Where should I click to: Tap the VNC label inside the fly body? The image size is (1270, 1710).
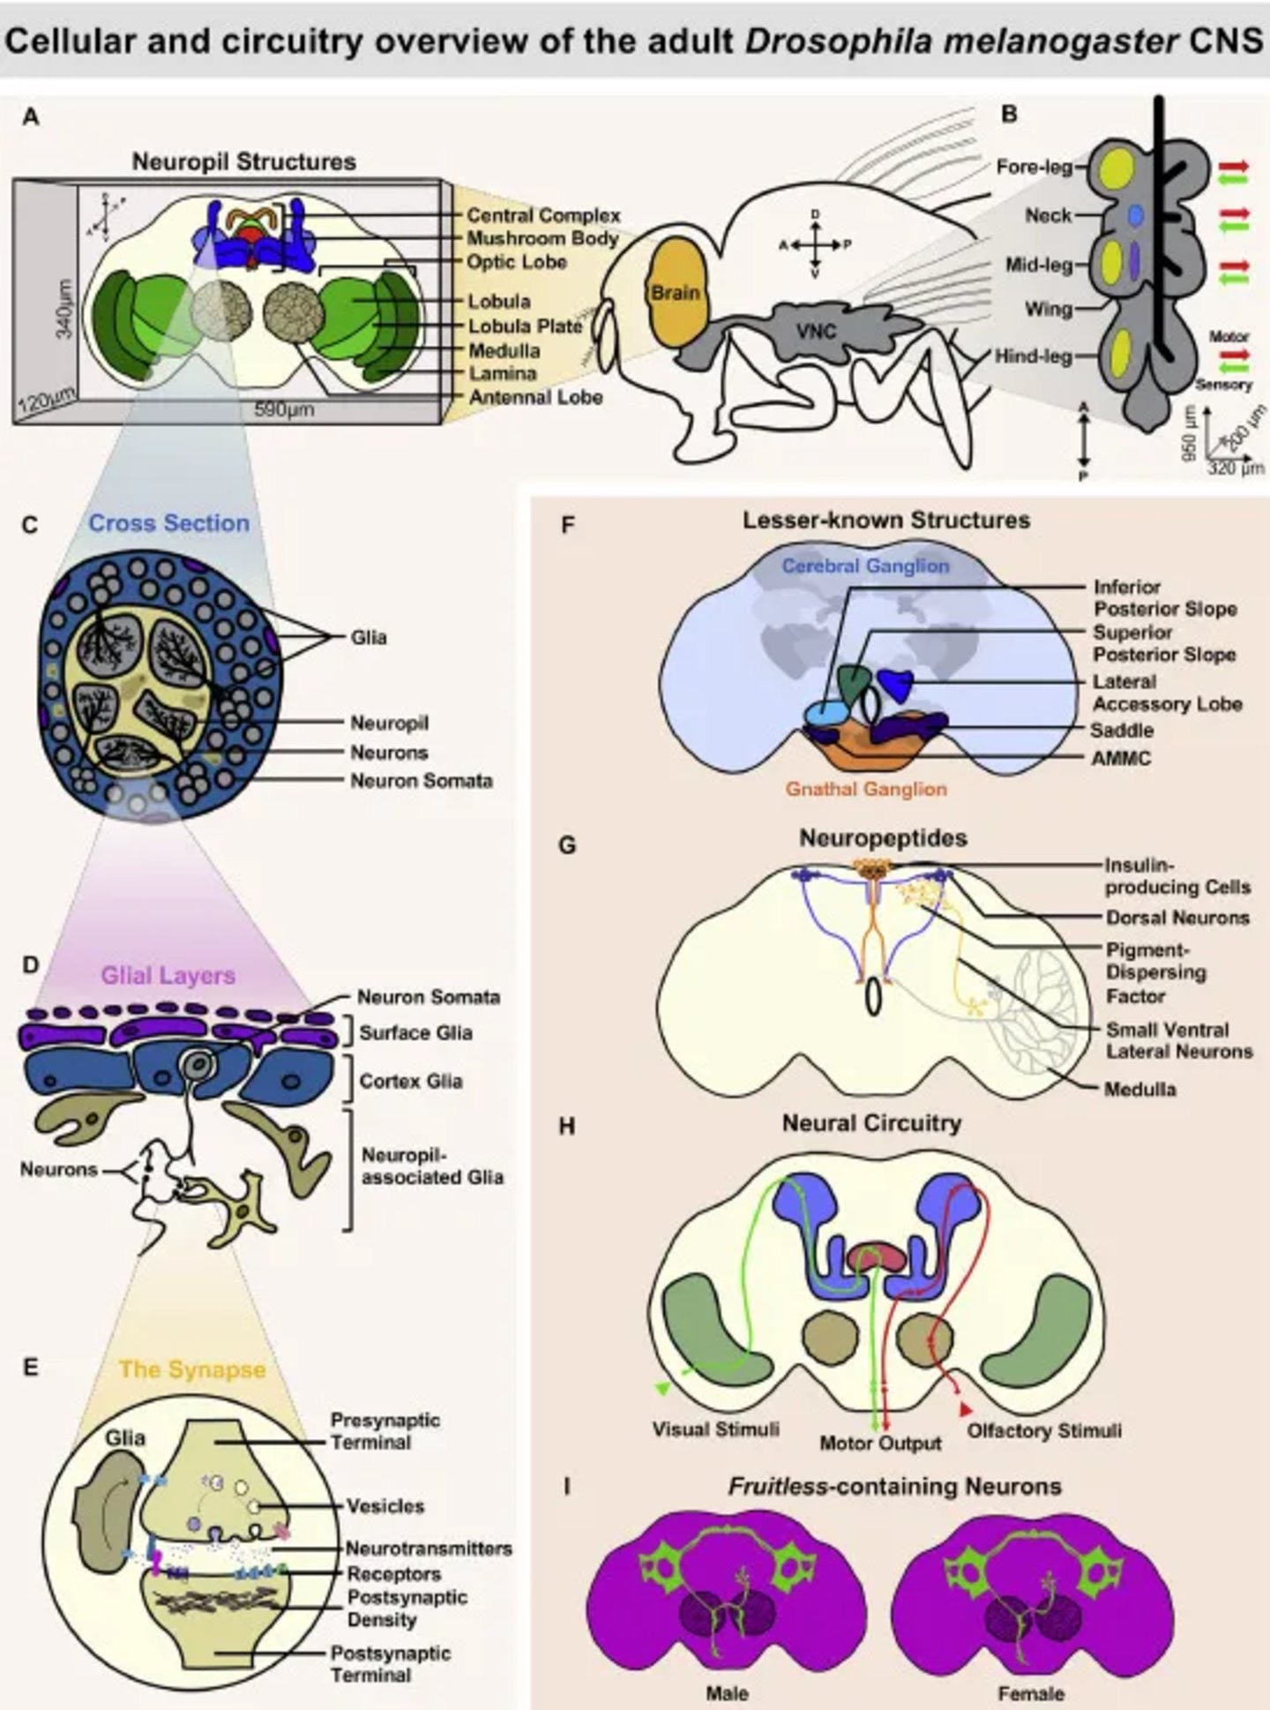coord(816,332)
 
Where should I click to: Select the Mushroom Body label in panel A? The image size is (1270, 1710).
coord(542,238)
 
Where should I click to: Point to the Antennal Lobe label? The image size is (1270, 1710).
coord(535,397)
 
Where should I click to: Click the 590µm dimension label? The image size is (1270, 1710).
coord(284,410)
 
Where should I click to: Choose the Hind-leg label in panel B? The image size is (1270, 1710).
coord(1034,356)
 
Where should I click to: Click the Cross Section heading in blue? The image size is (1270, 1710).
coord(169,523)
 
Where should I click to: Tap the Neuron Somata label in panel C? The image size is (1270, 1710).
coord(421,781)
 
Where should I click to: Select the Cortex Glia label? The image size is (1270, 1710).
coord(410,1081)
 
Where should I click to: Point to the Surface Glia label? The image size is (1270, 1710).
coord(415,1032)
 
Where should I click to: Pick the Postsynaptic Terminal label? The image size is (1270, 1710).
coord(390,1663)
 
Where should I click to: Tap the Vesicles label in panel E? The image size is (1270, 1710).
coord(385,1506)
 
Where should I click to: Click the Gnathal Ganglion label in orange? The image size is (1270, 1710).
coord(866,789)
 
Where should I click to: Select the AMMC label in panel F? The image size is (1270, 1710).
coord(1121,758)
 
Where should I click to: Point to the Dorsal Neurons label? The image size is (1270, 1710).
coord(1177,918)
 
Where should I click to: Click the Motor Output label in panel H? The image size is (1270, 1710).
coord(880,1444)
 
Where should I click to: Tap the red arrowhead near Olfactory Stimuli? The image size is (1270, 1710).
coord(966,1409)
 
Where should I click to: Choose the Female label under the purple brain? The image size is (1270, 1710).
coord(1031,1693)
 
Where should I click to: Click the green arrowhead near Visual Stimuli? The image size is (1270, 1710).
coord(661,1390)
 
